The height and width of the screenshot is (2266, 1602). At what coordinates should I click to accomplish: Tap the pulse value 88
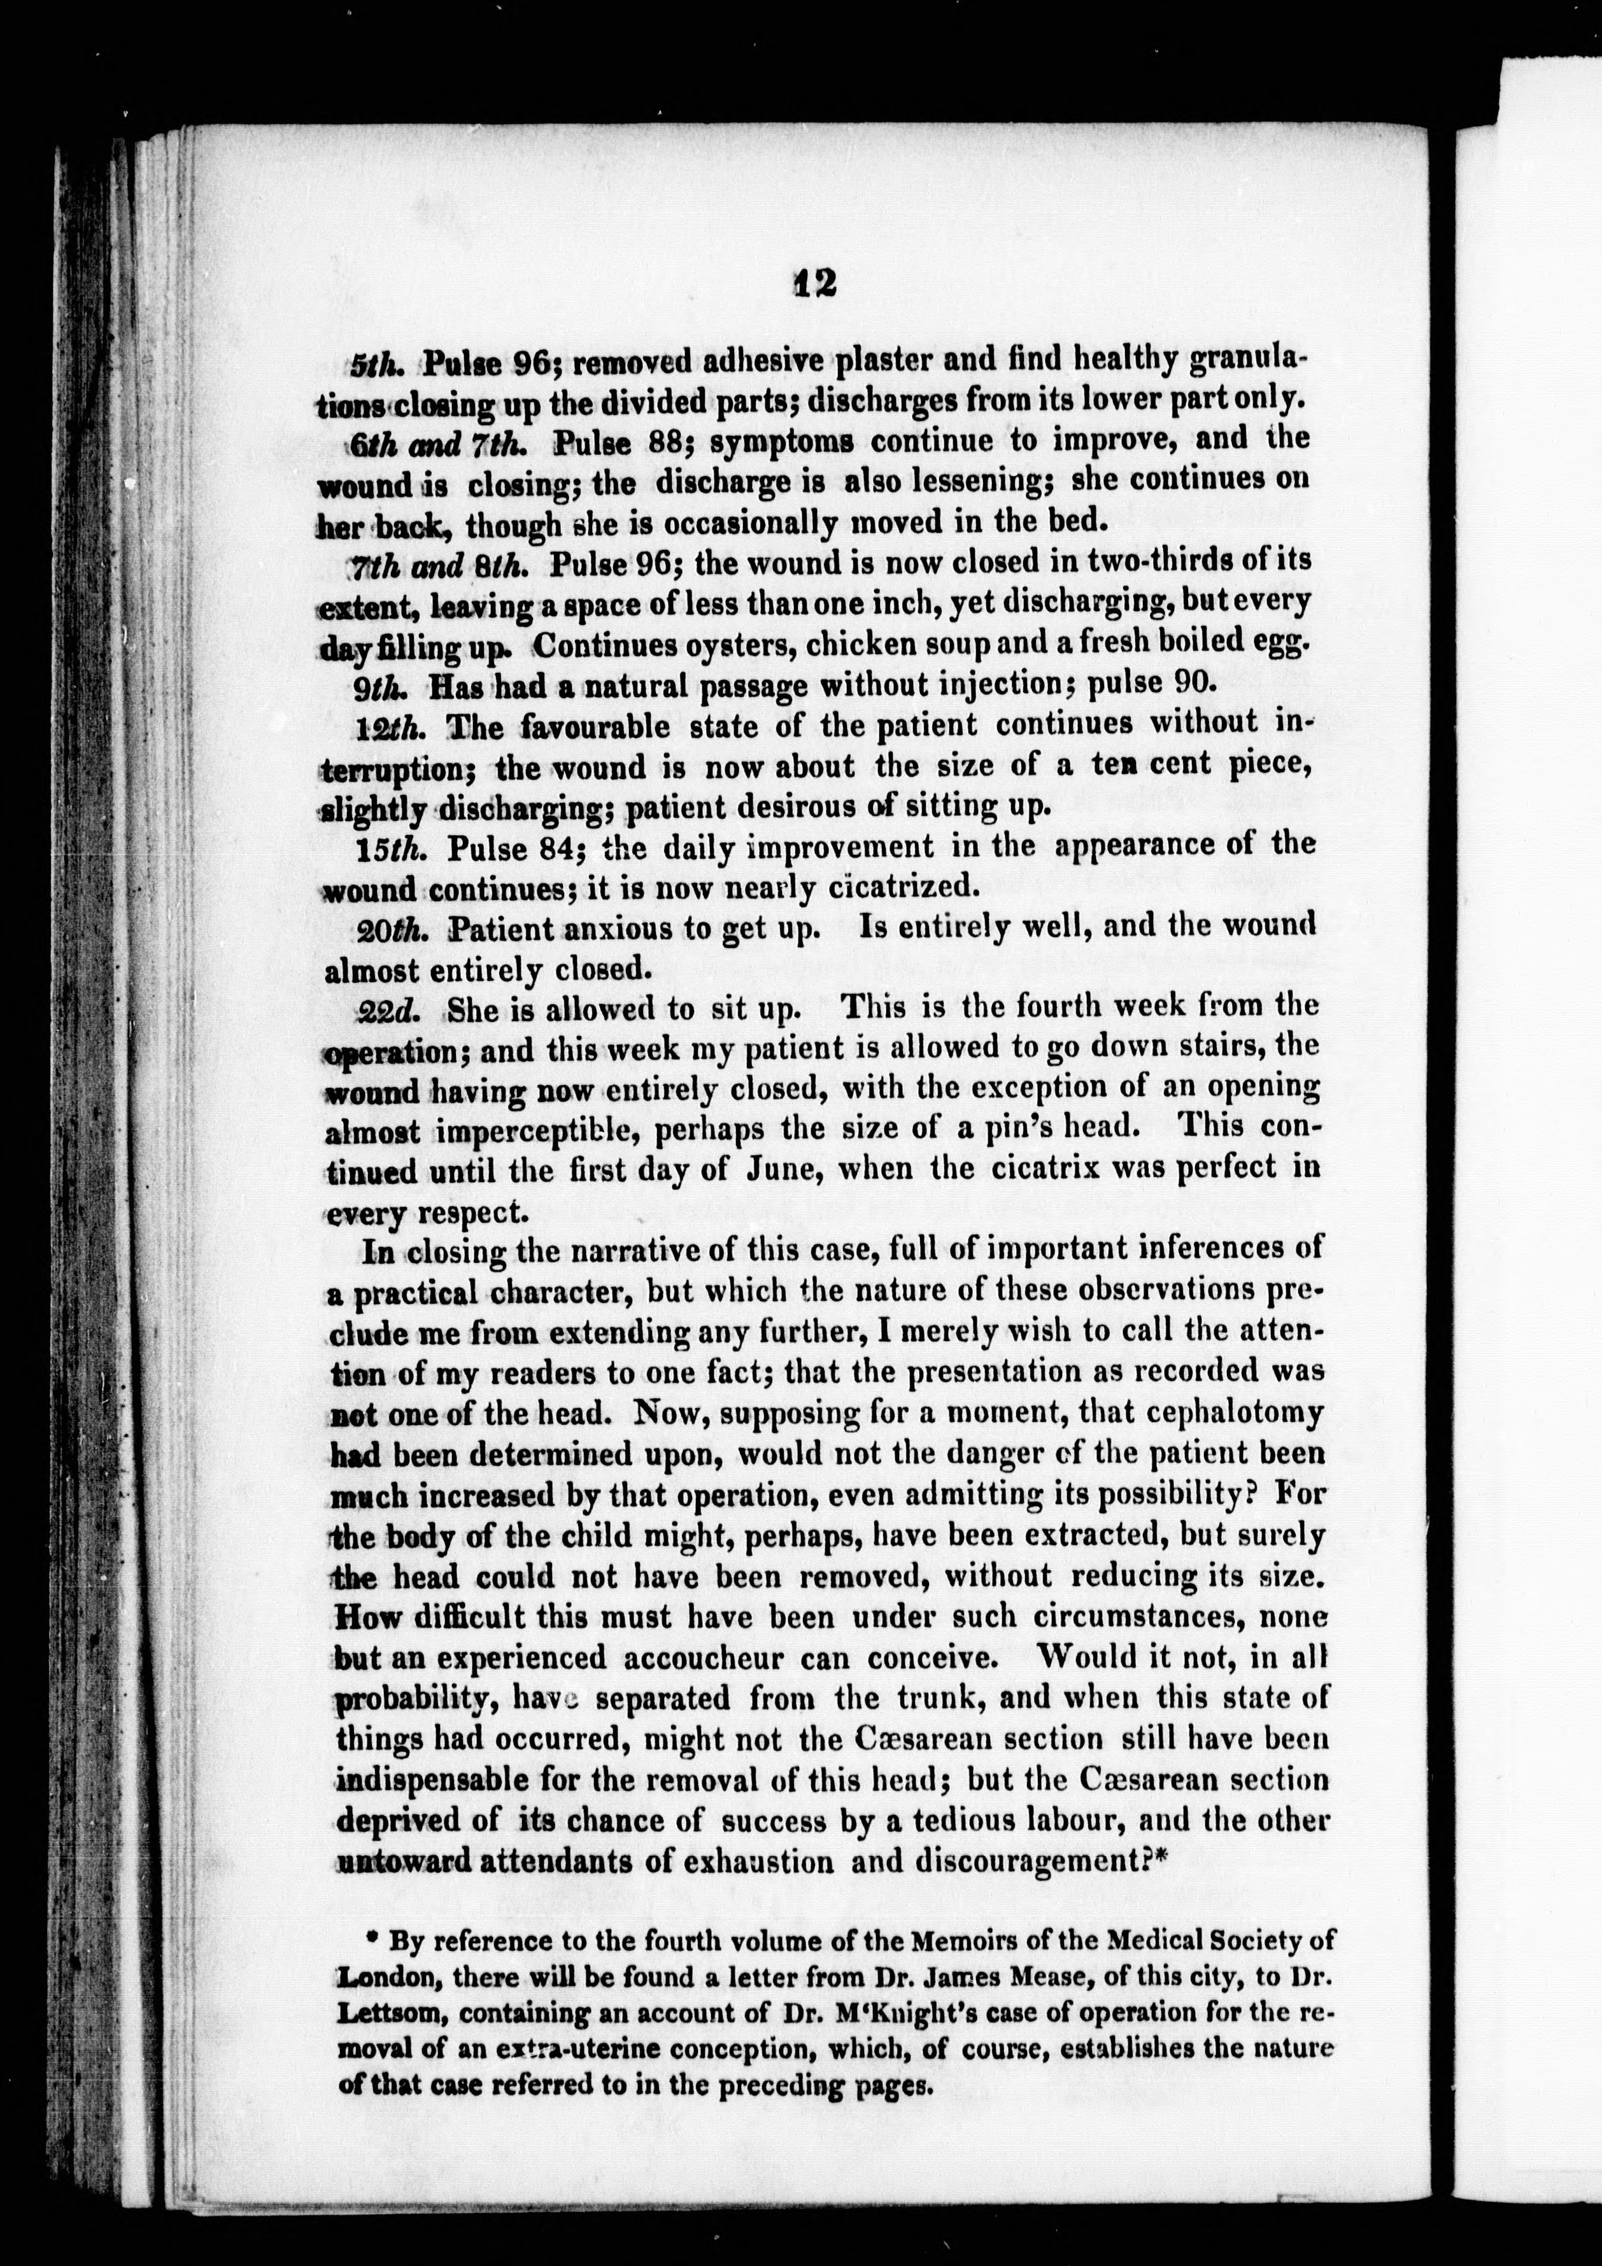667,441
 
